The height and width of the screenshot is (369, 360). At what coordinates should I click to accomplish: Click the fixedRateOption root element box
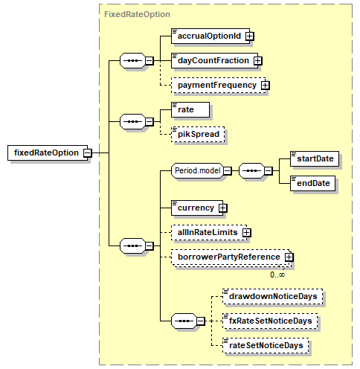click(x=48, y=153)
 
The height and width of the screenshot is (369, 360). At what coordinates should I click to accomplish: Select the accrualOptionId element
click(x=210, y=36)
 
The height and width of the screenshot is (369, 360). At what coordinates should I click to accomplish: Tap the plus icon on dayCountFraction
click(x=258, y=60)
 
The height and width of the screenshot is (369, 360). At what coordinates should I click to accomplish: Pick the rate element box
click(x=190, y=109)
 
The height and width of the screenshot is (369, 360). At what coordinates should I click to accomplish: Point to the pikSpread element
click(x=198, y=134)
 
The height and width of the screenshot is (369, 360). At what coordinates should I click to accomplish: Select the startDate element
click(x=315, y=158)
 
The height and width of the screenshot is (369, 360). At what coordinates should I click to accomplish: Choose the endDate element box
click(x=312, y=183)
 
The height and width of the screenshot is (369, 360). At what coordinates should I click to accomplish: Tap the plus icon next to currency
click(x=222, y=208)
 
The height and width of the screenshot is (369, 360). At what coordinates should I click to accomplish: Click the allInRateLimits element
click(x=209, y=232)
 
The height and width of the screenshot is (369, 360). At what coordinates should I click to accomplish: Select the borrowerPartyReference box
click(x=230, y=257)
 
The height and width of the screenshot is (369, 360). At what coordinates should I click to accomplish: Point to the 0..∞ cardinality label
click(x=277, y=275)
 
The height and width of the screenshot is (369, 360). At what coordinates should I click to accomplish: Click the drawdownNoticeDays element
click(x=273, y=296)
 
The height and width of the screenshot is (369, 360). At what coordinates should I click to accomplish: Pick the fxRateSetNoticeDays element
click(x=270, y=321)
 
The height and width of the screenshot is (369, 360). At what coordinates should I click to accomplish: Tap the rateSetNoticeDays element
click(x=266, y=345)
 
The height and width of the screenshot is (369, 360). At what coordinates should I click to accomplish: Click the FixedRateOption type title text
click(x=137, y=14)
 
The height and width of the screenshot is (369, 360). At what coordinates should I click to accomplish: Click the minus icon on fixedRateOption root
click(x=87, y=153)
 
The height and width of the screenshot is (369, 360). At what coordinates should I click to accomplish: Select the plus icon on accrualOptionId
click(x=250, y=36)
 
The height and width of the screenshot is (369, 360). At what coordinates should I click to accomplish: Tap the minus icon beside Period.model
click(x=228, y=170)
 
